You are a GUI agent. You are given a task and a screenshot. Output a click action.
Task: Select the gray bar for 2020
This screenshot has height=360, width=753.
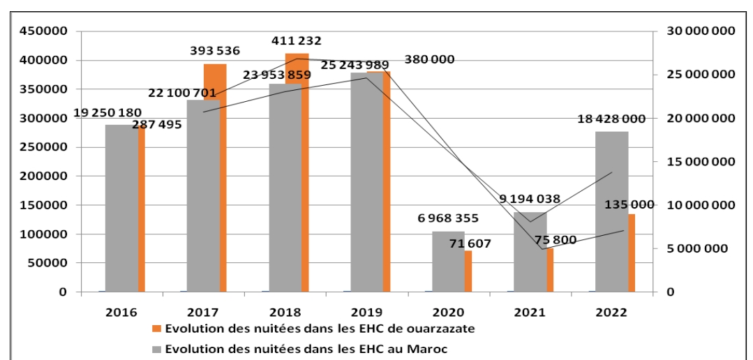pos(448,262)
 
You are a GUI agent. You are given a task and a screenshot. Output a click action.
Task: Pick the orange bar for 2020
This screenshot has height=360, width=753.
pos(468,271)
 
